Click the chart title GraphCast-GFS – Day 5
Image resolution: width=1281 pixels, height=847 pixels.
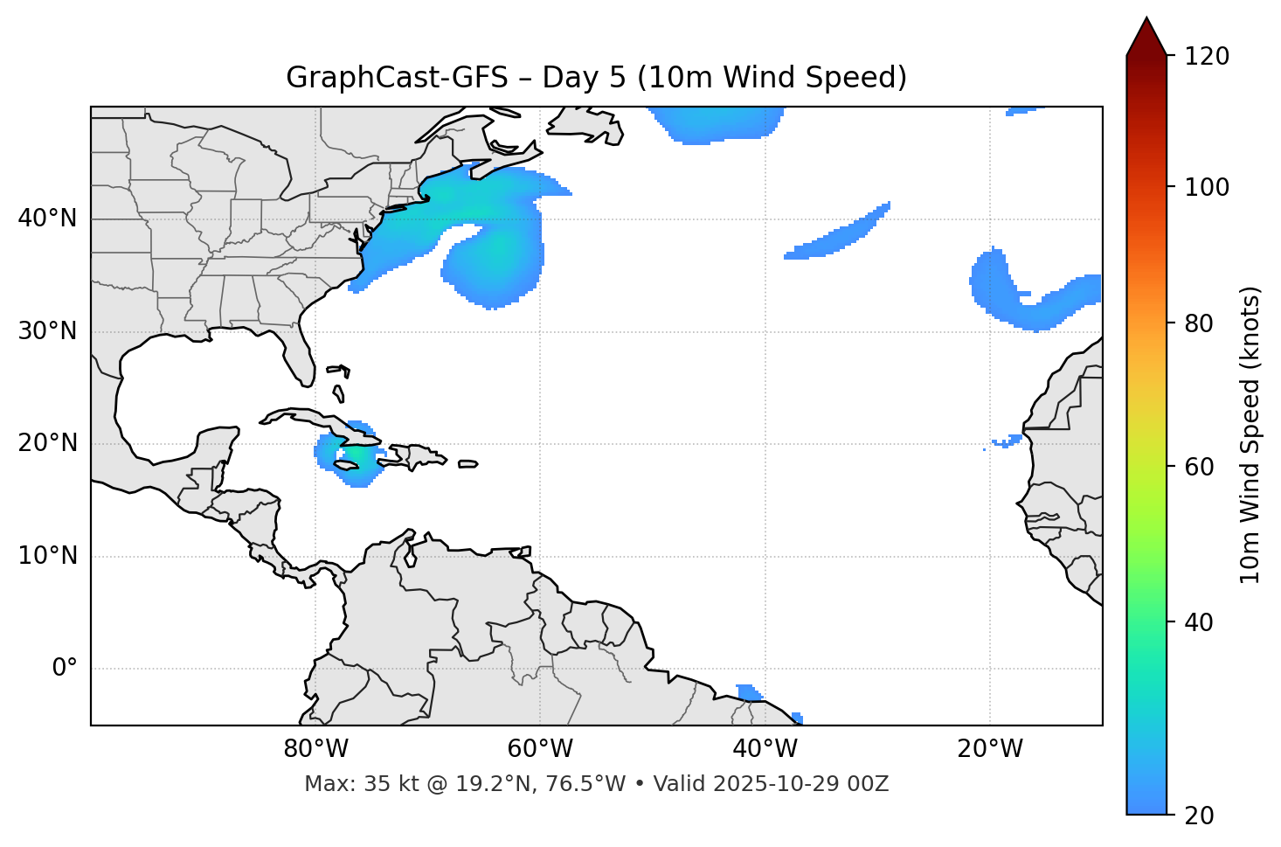coord(596,78)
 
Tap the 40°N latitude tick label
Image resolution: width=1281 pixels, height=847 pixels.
coord(47,219)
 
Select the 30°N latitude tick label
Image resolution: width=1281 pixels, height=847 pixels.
coord(47,331)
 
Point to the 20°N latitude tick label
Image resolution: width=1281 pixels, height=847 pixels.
coord(47,444)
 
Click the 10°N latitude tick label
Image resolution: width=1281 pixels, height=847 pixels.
coord(47,556)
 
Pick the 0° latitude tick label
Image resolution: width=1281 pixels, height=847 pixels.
coord(65,669)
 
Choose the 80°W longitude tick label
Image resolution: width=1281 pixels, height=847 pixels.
coord(315,749)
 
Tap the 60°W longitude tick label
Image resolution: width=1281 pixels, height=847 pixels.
coord(540,749)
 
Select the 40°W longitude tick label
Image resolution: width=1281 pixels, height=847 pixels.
coord(765,749)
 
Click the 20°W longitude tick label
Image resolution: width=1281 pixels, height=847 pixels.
coord(989,749)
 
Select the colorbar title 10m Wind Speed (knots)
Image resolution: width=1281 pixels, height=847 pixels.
coord(1250,434)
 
